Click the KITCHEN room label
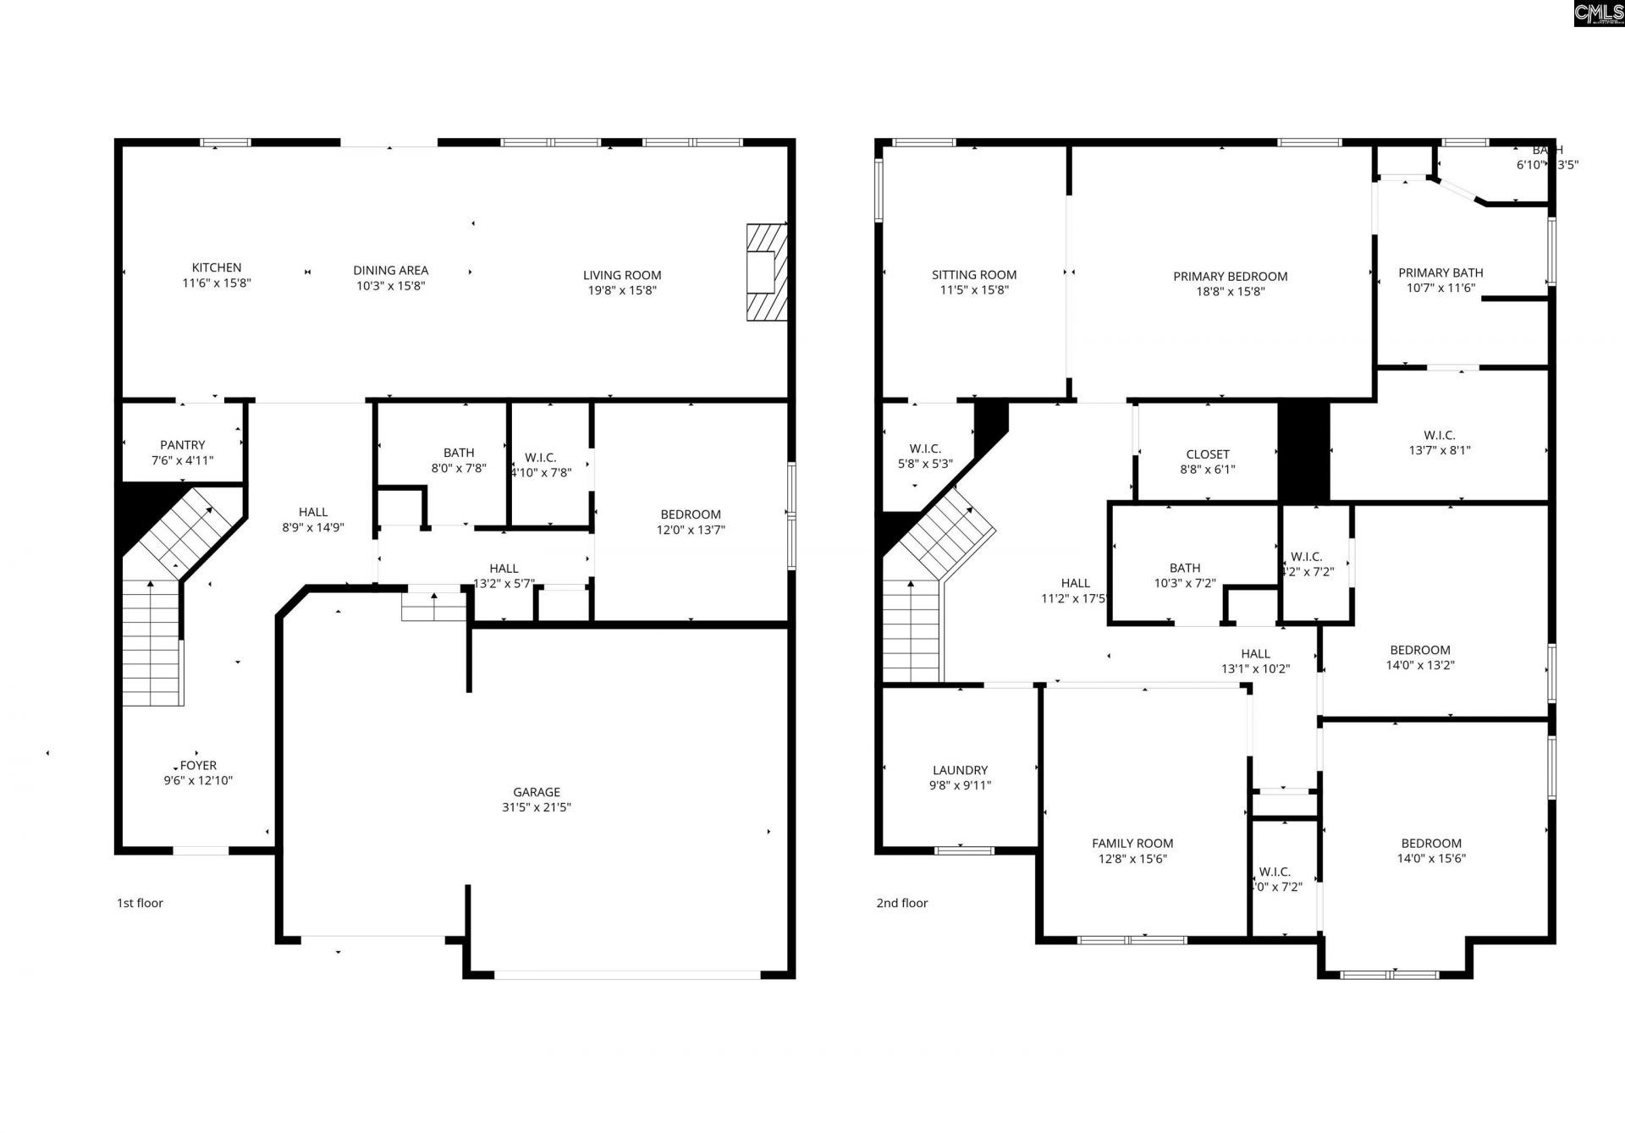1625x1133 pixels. (x=217, y=267)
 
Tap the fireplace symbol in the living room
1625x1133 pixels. (x=766, y=272)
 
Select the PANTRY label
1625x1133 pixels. (x=183, y=445)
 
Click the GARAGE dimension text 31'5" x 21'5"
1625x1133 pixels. (x=537, y=807)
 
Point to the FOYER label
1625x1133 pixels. (x=198, y=766)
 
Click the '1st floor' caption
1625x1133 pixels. (x=140, y=903)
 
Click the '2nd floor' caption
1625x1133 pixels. (x=902, y=903)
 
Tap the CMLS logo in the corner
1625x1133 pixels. (x=1598, y=14)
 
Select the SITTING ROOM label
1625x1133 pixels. (x=974, y=275)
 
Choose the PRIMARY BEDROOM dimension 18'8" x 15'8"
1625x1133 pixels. (x=1231, y=291)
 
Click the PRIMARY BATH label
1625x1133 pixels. (x=1440, y=272)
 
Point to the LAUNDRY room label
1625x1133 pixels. (x=960, y=770)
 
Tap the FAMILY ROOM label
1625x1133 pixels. (x=1132, y=843)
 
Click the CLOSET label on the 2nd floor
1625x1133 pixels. (x=1208, y=454)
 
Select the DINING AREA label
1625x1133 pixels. (x=391, y=271)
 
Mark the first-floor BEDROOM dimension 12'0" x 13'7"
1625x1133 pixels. (x=691, y=531)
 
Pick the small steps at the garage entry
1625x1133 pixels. (x=434, y=607)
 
